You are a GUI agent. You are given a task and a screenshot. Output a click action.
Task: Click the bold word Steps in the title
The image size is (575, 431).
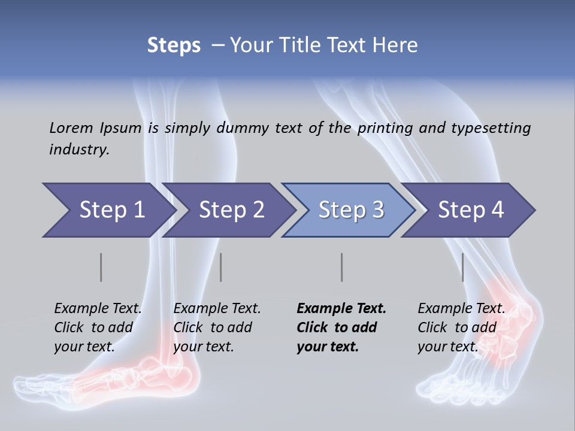(174, 45)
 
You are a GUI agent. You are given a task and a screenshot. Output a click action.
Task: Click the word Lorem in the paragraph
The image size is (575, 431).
(71, 128)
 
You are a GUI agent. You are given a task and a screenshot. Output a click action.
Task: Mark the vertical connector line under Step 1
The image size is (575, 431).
(101, 267)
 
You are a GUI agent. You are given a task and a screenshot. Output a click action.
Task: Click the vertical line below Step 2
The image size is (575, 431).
(221, 267)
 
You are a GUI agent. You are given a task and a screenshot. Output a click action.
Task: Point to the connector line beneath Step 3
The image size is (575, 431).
(341, 267)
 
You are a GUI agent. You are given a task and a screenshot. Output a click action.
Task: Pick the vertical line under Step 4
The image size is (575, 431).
(462, 267)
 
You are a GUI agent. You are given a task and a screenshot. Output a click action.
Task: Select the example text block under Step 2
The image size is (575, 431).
(217, 327)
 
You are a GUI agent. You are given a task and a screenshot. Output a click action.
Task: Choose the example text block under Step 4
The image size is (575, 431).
(461, 327)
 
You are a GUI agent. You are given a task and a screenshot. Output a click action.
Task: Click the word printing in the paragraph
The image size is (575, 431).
(385, 128)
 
